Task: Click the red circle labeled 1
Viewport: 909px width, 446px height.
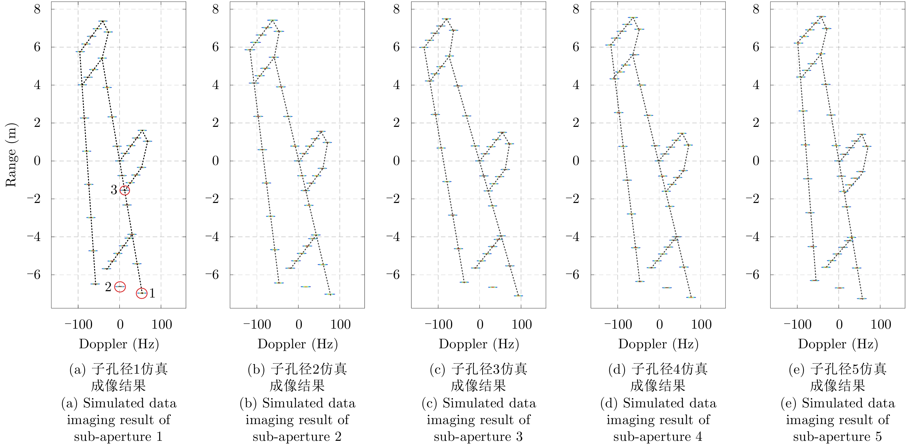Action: (x=141, y=293)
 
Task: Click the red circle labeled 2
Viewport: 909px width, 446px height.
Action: (x=120, y=287)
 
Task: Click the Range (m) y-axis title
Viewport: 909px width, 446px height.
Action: (x=11, y=155)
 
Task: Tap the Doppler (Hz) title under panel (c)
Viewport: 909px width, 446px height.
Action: (x=478, y=344)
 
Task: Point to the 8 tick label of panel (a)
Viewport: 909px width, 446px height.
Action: (x=37, y=9)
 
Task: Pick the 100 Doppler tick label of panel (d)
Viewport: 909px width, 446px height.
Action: (x=701, y=324)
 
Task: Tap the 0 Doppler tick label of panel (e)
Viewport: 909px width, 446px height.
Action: (x=839, y=324)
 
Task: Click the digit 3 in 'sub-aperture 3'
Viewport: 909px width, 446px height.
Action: (x=519, y=437)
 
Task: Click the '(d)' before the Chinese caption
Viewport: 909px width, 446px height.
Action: (x=616, y=369)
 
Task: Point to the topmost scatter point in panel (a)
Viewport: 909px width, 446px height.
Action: (x=103, y=21)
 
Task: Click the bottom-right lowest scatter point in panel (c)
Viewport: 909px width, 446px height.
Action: (x=518, y=296)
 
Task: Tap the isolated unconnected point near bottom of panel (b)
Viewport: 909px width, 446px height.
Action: (x=306, y=287)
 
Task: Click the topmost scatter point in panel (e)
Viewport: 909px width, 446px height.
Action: (x=821, y=16)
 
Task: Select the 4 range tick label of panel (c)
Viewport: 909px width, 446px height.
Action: (x=396, y=85)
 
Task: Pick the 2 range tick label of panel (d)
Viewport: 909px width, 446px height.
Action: (x=576, y=123)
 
